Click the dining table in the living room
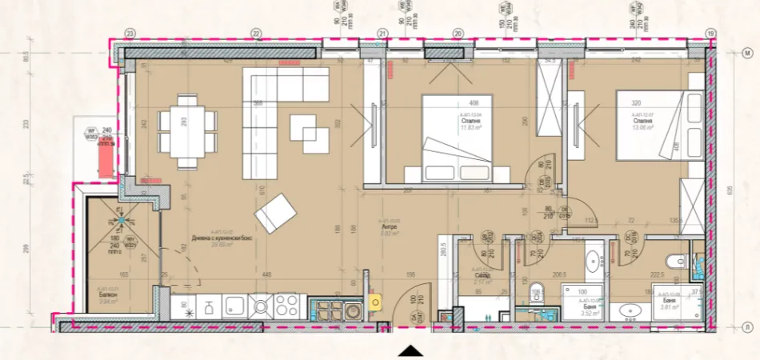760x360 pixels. tap(188, 130)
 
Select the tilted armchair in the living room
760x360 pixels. tap(276, 212)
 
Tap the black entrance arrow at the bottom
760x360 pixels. tap(410, 350)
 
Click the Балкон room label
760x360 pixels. tap(108, 295)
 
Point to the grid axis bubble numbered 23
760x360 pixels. tap(130, 33)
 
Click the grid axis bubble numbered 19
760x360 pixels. tap(710, 33)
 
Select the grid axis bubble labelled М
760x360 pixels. tap(748, 53)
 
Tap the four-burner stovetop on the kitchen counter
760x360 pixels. tap(286, 305)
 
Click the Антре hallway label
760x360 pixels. tap(389, 227)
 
